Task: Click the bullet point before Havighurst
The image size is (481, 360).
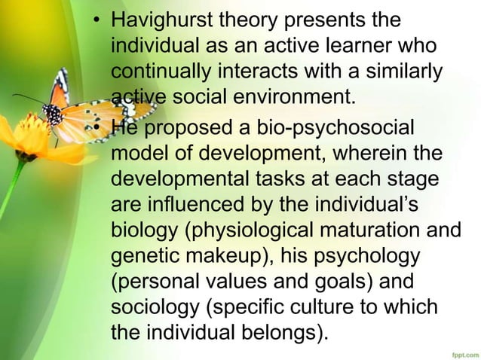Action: point(97,17)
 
